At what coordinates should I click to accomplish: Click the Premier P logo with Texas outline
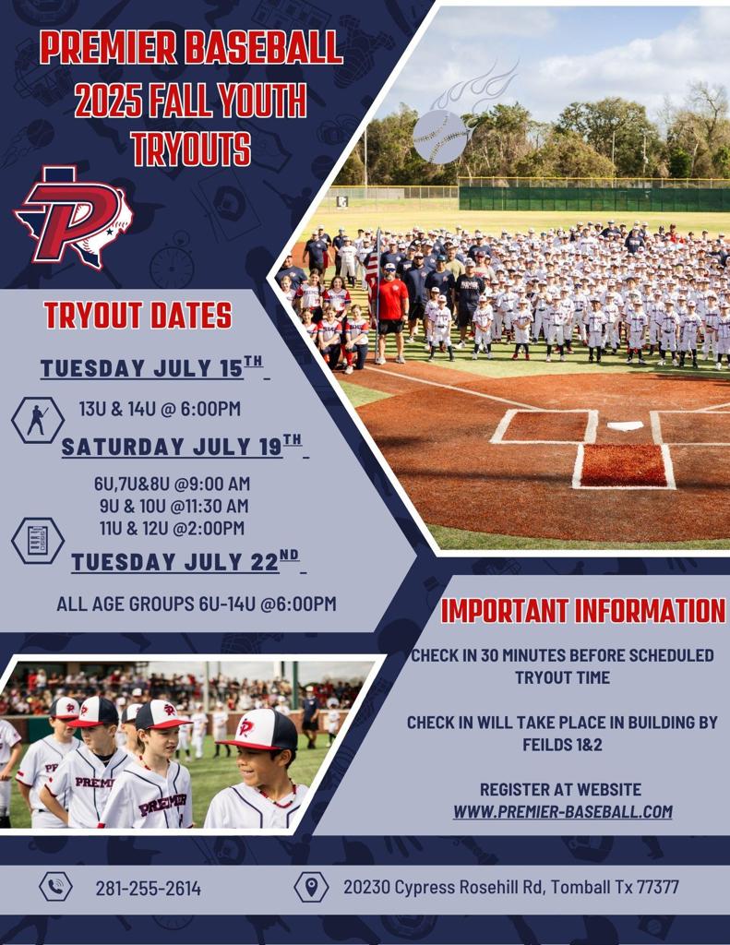pyautogui.click(x=74, y=216)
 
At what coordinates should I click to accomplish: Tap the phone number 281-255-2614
pyautogui.click(x=148, y=889)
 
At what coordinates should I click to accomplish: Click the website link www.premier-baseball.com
pyautogui.click(x=562, y=812)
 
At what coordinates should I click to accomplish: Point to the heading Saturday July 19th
pyautogui.click(x=182, y=448)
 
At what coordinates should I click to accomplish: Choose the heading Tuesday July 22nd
pyautogui.click(x=185, y=562)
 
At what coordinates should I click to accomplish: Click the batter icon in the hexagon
pyautogui.click(x=38, y=420)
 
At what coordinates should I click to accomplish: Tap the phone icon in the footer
pyautogui.click(x=55, y=887)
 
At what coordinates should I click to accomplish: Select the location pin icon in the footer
pyautogui.click(x=311, y=887)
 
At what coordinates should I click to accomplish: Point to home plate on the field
pyautogui.click(x=626, y=425)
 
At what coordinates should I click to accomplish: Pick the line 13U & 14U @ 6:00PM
pyautogui.click(x=160, y=408)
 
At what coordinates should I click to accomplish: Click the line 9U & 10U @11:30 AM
pyautogui.click(x=174, y=506)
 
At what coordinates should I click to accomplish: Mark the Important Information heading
pyautogui.click(x=582, y=611)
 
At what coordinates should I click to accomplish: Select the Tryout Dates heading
pyautogui.click(x=138, y=316)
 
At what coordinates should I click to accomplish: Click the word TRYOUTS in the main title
pyautogui.click(x=190, y=150)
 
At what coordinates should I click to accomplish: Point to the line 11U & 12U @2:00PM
pyautogui.click(x=172, y=528)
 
